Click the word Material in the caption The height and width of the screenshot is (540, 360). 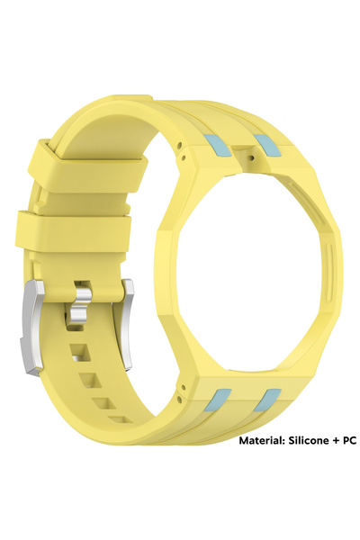click(x=261, y=440)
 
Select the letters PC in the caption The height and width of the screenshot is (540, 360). click(x=348, y=440)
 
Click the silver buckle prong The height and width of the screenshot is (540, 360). click(x=81, y=304)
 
